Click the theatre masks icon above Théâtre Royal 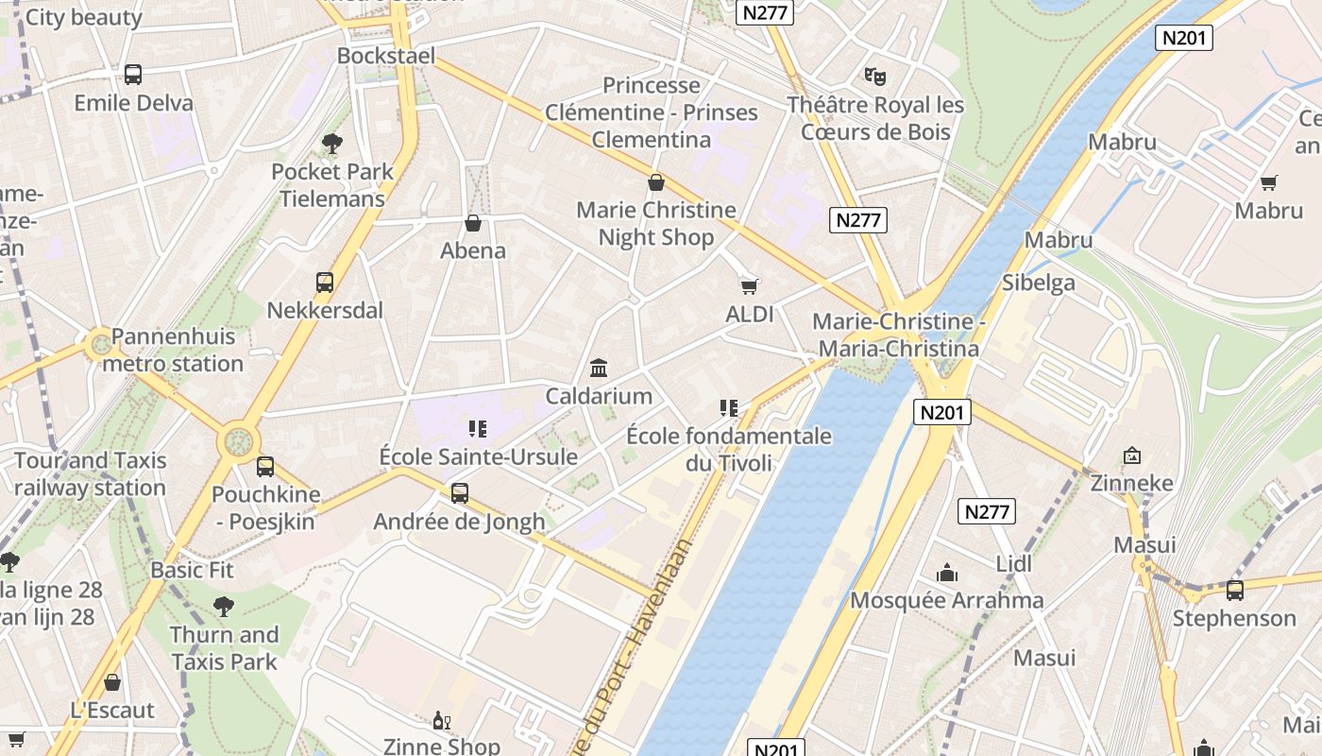point(875,75)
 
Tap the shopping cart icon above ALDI point(750,285)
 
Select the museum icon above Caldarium point(599,367)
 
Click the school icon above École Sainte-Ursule point(478,429)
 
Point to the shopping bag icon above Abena point(473,223)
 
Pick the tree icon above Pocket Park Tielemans point(331,144)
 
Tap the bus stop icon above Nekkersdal point(325,282)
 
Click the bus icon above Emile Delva point(133,74)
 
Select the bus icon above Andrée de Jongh point(460,492)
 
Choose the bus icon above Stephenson point(1234,591)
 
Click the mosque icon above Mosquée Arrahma point(947,573)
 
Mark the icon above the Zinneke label point(1132,455)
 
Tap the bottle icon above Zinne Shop point(441,721)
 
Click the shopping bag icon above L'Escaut point(112,682)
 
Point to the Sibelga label point(1039,282)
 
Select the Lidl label point(1014,563)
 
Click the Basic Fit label point(192,570)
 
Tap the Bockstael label point(386,56)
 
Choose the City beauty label point(83,17)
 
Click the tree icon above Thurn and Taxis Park point(224,606)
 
